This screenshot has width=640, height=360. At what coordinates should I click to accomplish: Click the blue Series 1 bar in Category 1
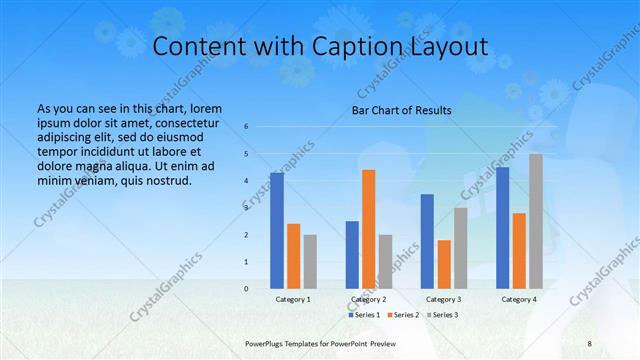277,231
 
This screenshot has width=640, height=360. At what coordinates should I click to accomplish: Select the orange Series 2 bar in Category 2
368,229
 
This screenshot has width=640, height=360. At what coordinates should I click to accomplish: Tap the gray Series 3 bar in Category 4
536,221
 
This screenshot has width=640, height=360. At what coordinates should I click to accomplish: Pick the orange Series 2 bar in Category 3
444,264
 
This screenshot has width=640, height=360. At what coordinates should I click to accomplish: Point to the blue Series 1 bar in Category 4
502,228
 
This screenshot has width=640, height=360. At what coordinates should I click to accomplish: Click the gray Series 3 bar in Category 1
310,261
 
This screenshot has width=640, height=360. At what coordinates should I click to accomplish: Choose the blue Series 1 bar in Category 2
352,255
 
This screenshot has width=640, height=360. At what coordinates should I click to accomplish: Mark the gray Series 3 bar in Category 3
460,248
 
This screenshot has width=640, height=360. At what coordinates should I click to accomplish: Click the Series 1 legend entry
364,315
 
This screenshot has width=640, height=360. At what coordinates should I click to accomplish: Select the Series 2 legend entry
402,315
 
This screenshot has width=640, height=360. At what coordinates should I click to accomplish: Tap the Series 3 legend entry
441,315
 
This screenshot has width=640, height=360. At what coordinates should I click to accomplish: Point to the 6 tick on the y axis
246,127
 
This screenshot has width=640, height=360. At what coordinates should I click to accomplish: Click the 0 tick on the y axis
246,289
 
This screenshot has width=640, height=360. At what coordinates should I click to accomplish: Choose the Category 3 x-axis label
444,299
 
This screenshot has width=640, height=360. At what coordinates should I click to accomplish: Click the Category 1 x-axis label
293,299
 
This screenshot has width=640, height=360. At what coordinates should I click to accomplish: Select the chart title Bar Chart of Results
401,110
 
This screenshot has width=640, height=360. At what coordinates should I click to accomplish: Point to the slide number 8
590,343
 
